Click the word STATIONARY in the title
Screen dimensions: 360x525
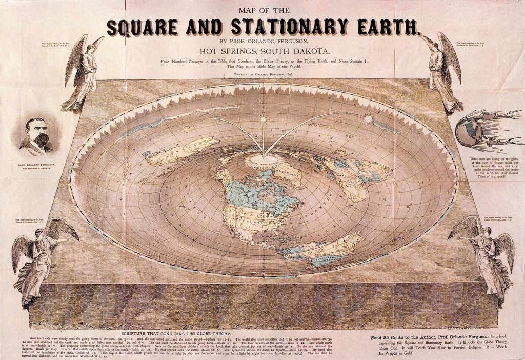coord(289,27)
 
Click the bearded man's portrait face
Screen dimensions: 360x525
coord(37,132)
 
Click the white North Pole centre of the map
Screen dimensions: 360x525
coord(264,160)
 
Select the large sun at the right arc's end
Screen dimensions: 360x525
coord(368,119)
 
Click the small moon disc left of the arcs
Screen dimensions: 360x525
coord(187,129)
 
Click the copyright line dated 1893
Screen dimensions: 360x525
coord(264,74)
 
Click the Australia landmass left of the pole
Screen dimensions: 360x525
coord(179,151)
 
